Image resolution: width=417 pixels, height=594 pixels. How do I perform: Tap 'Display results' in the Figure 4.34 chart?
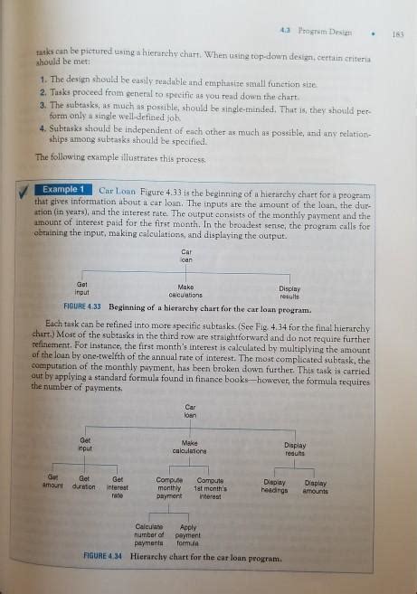(x=295, y=448)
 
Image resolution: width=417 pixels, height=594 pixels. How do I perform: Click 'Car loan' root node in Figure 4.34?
(x=190, y=412)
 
